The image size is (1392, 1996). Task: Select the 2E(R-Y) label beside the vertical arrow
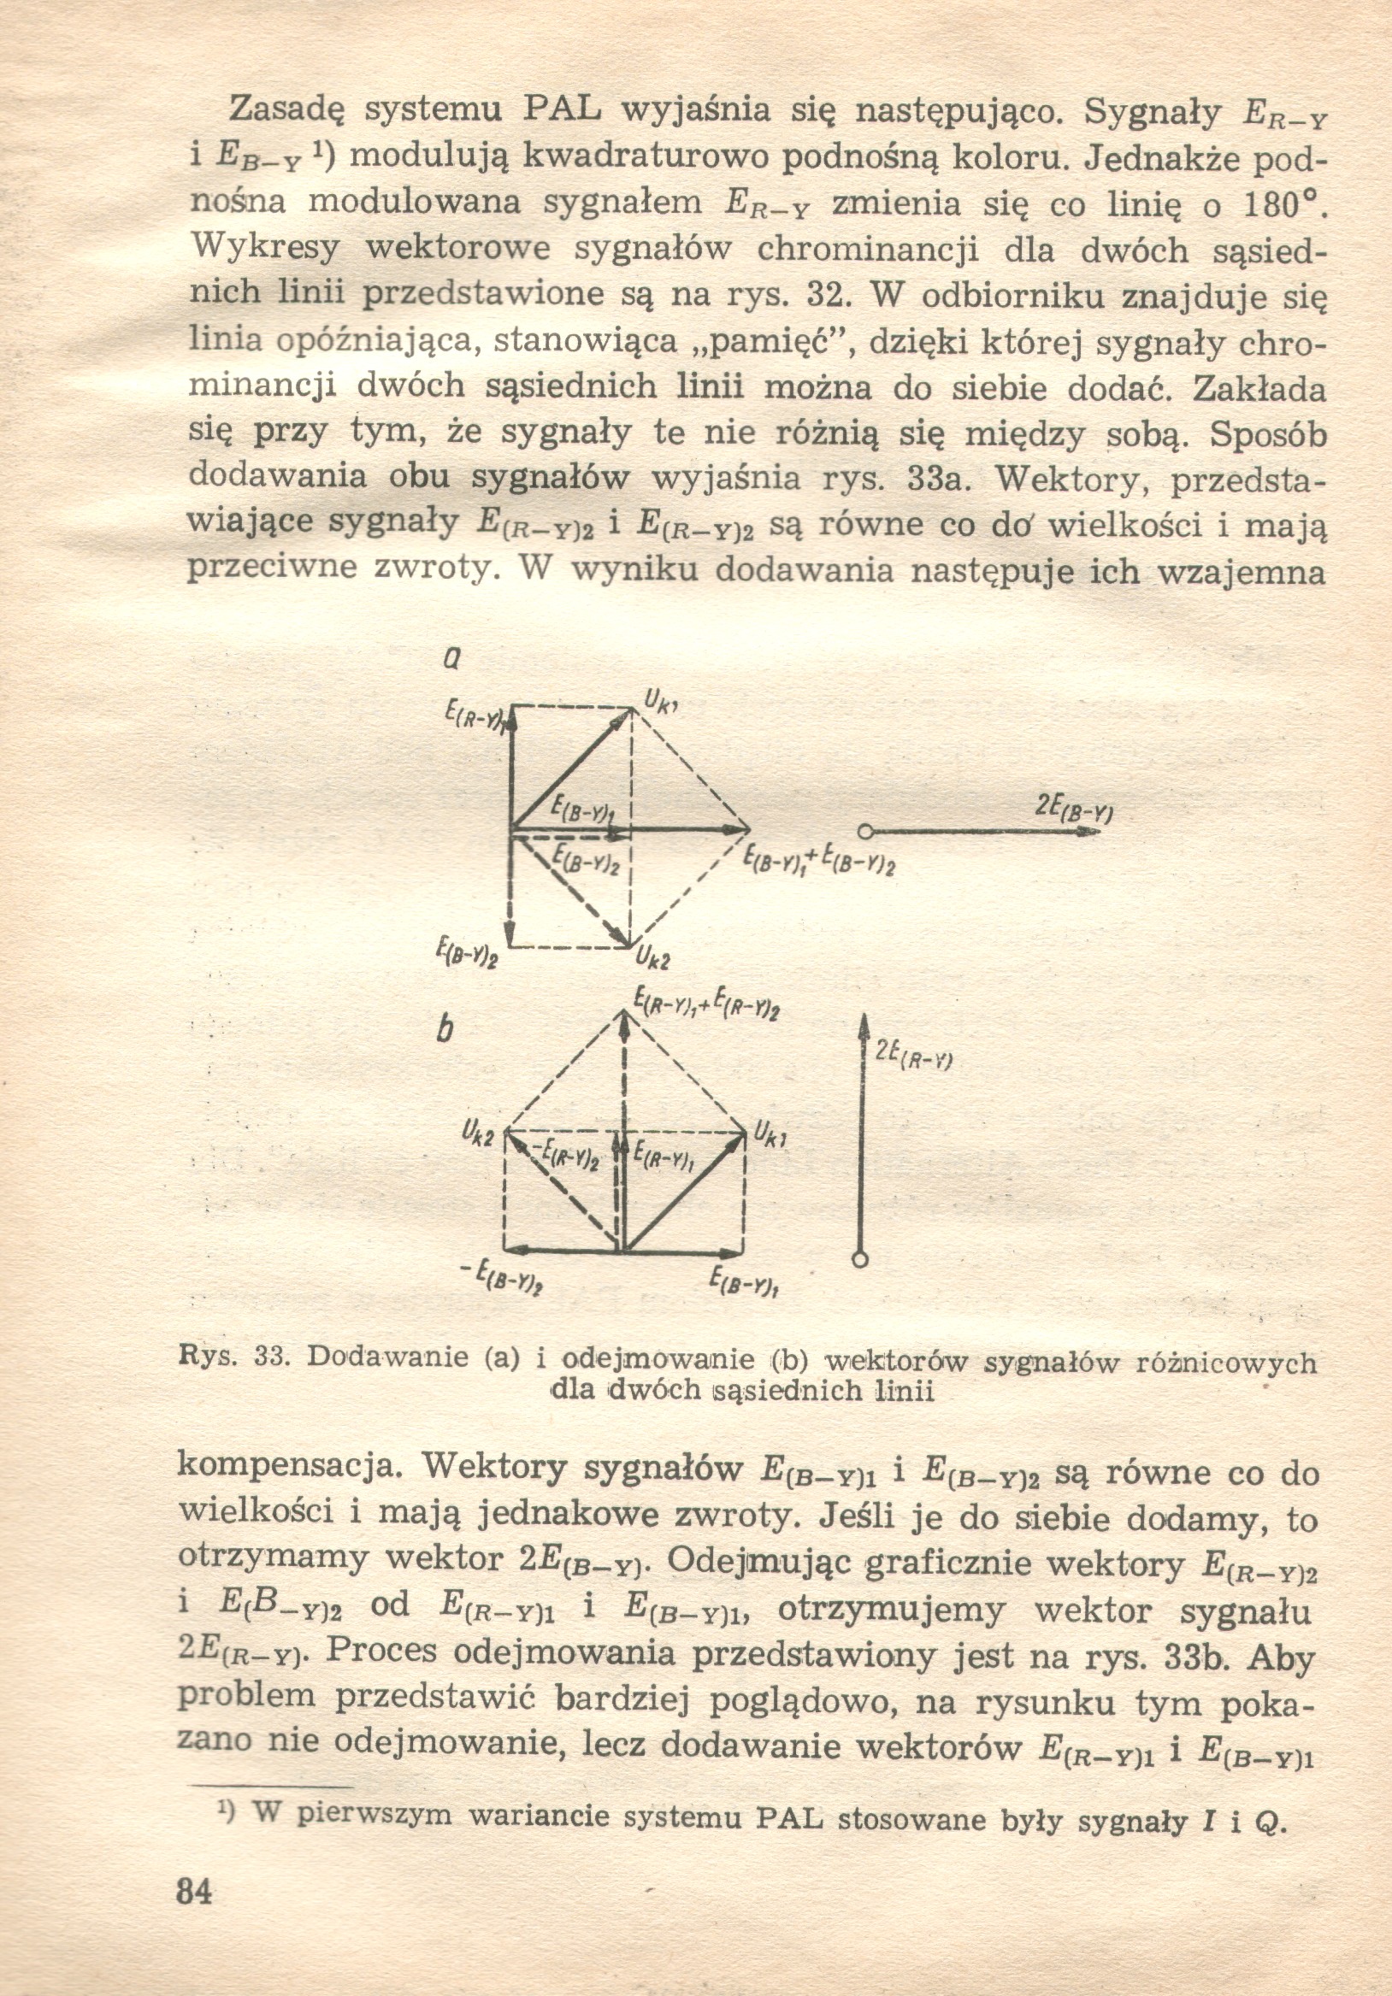pos(914,1056)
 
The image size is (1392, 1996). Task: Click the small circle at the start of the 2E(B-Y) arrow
pos(864,832)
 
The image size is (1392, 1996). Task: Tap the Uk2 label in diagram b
pos(479,1133)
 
